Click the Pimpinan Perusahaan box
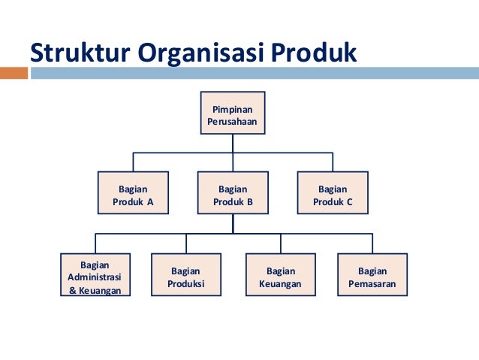point(233,113)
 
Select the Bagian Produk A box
point(133,194)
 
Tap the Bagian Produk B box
point(233,194)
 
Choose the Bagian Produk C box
point(333,194)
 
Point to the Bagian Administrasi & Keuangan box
point(95,276)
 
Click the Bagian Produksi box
point(187,276)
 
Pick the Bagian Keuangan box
point(280,276)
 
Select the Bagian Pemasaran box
point(372,276)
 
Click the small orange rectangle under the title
point(14,73)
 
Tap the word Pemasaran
point(372,283)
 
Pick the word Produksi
point(187,283)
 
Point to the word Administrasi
point(95,276)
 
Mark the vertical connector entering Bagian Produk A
point(134,162)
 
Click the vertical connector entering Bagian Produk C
point(333,162)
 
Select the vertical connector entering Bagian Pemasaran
point(372,244)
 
